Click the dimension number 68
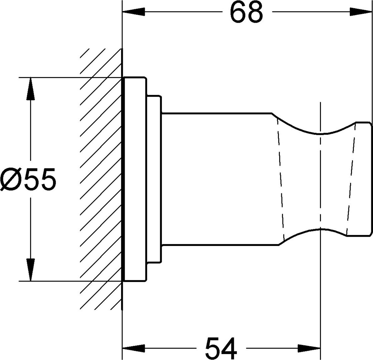(x=247, y=12)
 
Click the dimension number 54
(x=221, y=348)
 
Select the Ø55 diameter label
(x=28, y=179)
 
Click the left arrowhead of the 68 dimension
(x=133, y=12)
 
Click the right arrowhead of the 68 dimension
(x=361, y=12)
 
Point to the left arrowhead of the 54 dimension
(x=133, y=348)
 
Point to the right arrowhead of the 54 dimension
(x=309, y=348)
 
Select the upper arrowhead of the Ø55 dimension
(x=30, y=88)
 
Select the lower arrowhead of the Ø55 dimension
(x=30, y=270)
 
